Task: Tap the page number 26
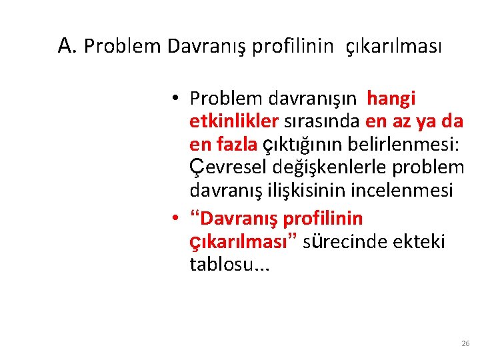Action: point(465,343)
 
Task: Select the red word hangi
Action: point(391,99)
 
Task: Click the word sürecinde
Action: point(341,241)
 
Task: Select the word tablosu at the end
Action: point(218,264)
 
